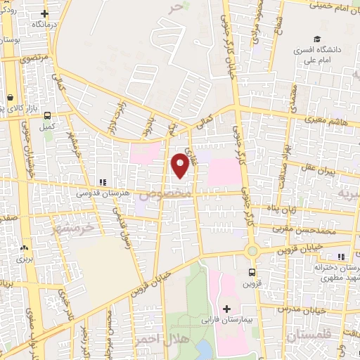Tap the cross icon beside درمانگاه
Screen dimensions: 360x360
[x=45, y=13]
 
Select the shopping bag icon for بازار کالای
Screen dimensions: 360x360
[x=11, y=98]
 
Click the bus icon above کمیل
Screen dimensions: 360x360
[x=46, y=115]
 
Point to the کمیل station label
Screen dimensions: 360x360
[x=46, y=127]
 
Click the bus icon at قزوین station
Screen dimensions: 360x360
[x=252, y=271]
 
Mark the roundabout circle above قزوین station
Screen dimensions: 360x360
[x=252, y=250]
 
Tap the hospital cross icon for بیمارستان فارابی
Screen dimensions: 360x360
[x=226, y=309]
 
